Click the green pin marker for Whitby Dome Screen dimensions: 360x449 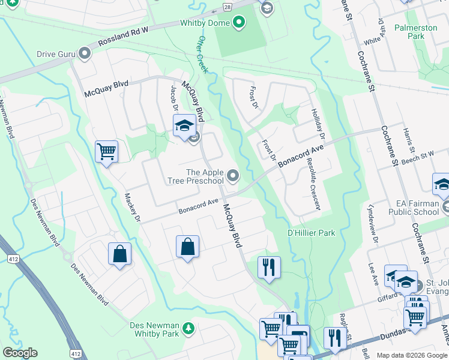click(240, 23)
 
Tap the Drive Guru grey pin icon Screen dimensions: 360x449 click(84, 55)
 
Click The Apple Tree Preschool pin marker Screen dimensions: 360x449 click(233, 176)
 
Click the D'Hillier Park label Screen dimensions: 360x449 click(311, 233)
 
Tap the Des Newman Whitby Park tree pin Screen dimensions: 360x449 click(189, 328)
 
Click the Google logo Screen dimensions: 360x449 click(20, 353)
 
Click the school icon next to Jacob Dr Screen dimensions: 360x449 click(184, 126)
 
